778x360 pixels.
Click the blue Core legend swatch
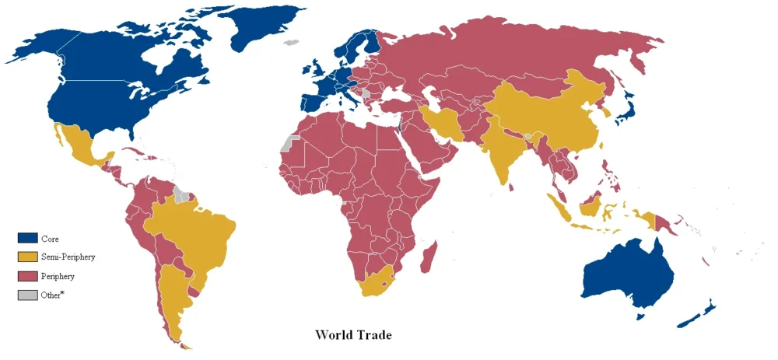coord(28,239)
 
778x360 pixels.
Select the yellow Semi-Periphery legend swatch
coord(28,257)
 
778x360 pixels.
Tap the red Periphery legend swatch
coord(28,276)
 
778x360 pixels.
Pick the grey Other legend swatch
coord(28,295)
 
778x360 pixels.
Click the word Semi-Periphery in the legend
coord(68,257)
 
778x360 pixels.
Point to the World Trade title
coord(352,335)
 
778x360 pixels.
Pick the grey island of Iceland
coord(292,44)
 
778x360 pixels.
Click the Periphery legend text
coord(59,276)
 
